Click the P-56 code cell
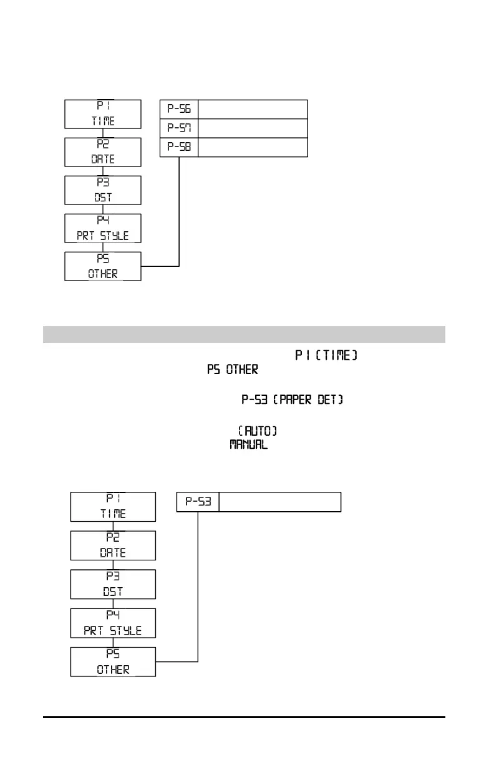point(179,109)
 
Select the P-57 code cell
point(179,128)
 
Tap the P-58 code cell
point(179,148)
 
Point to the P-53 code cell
point(198,502)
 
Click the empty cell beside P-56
point(253,109)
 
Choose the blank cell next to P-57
point(253,128)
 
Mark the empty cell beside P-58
point(253,148)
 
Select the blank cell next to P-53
point(280,502)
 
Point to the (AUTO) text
point(258,431)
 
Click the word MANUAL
point(249,444)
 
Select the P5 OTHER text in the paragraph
point(233,370)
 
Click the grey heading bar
point(244,334)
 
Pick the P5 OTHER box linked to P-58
point(104,266)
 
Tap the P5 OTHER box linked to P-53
point(113,662)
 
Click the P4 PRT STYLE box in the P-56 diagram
point(104,228)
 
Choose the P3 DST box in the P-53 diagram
point(113,583)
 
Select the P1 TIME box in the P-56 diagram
point(104,113)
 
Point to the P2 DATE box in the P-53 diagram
point(113,545)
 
